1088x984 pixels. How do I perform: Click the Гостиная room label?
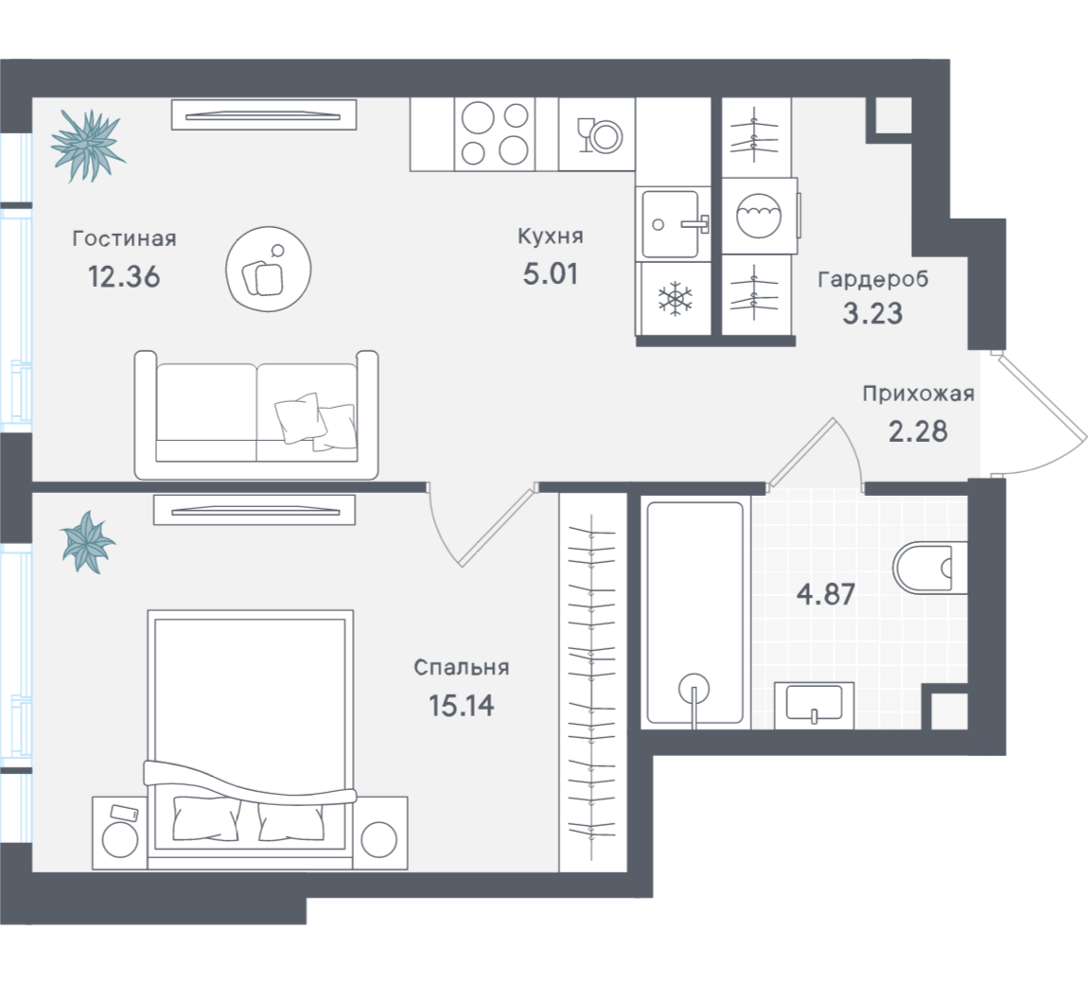coord(124,238)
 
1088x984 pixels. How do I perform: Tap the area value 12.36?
coord(124,277)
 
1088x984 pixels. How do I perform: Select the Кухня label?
coord(551,237)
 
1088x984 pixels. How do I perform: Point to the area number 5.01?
coord(551,274)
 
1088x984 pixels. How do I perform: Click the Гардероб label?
coord(873,279)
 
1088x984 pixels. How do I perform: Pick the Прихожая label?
coord(918,394)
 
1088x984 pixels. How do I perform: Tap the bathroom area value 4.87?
coord(826,595)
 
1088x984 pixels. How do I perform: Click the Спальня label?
coord(462,668)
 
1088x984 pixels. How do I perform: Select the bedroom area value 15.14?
coord(462,706)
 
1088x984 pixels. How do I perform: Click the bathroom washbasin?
coord(814,705)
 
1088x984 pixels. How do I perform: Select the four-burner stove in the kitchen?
coord(495,134)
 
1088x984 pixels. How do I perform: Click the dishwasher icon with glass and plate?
coord(597,134)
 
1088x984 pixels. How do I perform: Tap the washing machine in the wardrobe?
coord(759,216)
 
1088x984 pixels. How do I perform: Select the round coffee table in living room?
coord(269,270)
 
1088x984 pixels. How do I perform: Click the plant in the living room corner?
coord(88,146)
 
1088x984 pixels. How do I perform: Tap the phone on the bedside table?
coord(123,814)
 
